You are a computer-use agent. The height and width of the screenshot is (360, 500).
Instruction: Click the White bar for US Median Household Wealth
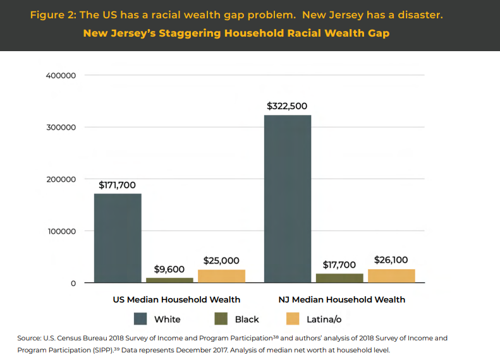(118, 237)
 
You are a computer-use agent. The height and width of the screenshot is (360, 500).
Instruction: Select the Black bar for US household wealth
(169, 280)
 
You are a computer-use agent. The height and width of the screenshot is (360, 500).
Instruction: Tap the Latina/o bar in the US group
(221, 276)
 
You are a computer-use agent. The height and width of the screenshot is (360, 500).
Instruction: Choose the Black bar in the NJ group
(339, 278)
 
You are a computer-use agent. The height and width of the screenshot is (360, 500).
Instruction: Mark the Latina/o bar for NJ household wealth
(391, 275)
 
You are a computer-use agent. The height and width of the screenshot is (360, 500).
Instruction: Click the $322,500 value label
(287, 106)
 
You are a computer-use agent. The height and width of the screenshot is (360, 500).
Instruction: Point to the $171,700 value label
(118, 185)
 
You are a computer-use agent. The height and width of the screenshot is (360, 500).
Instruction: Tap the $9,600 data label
(169, 269)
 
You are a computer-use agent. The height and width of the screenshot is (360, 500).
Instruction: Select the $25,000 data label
(221, 260)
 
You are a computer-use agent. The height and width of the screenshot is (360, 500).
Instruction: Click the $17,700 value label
(339, 265)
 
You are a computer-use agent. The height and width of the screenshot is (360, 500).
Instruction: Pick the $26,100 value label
(391, 260)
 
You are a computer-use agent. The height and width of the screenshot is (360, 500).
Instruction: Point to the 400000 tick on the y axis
(61, 76)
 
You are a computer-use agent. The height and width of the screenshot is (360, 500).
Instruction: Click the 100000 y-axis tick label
(61, 231)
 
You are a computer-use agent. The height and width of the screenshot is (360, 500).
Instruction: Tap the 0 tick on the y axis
(73, 283)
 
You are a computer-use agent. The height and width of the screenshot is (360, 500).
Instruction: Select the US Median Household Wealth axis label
(172, 299)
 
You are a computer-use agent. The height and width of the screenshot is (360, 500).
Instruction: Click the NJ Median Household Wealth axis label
(341, 299)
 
